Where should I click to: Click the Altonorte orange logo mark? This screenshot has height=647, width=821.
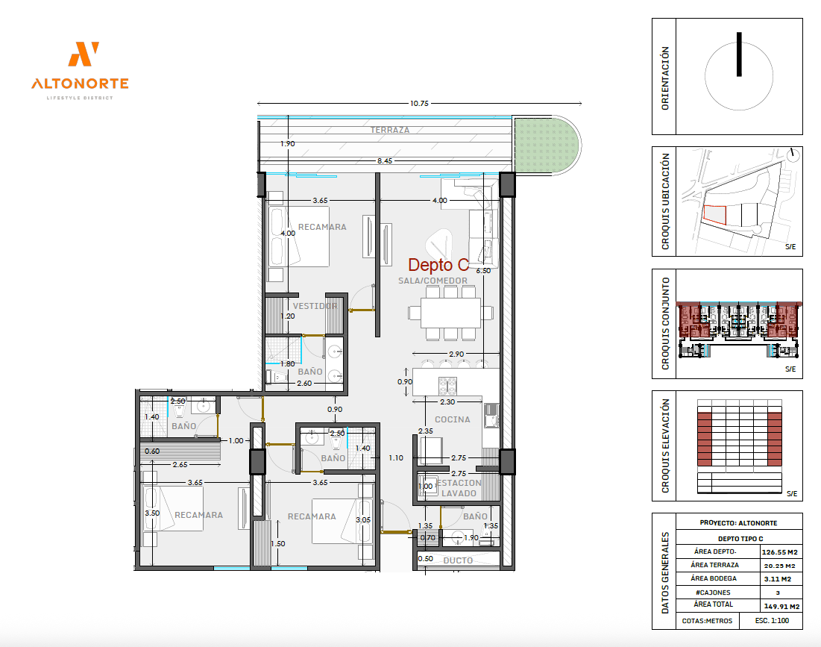(84, 54)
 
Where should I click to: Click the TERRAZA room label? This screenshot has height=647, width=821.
(390, 129)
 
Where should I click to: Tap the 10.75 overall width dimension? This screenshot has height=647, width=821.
(419, 103)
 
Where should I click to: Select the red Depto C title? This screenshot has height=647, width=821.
(438, 265)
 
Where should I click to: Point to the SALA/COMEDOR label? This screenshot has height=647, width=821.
(432, 281)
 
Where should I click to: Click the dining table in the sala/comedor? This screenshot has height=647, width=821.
(450, 313)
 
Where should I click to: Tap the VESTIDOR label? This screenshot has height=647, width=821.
(315, 306)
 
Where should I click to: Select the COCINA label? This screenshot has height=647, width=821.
(453, 419)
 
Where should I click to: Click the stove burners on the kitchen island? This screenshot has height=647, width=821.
(447, 386)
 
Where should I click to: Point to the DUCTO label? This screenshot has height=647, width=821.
(458, 560)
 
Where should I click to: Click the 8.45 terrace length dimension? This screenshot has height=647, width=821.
(384, 161)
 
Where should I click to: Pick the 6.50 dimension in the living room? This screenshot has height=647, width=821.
(483, 271)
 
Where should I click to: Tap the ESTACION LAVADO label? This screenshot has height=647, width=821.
(459, 488)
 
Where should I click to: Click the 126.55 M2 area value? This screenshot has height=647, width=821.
(780, 552)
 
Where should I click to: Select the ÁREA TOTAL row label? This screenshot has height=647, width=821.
(713, 604)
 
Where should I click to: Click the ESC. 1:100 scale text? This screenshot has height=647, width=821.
(772, 621)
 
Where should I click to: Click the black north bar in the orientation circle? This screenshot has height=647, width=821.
(739, 54)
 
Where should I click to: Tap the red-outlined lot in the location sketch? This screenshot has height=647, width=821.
(714, 215)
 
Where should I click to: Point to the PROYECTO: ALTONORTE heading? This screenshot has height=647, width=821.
(738, 523)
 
